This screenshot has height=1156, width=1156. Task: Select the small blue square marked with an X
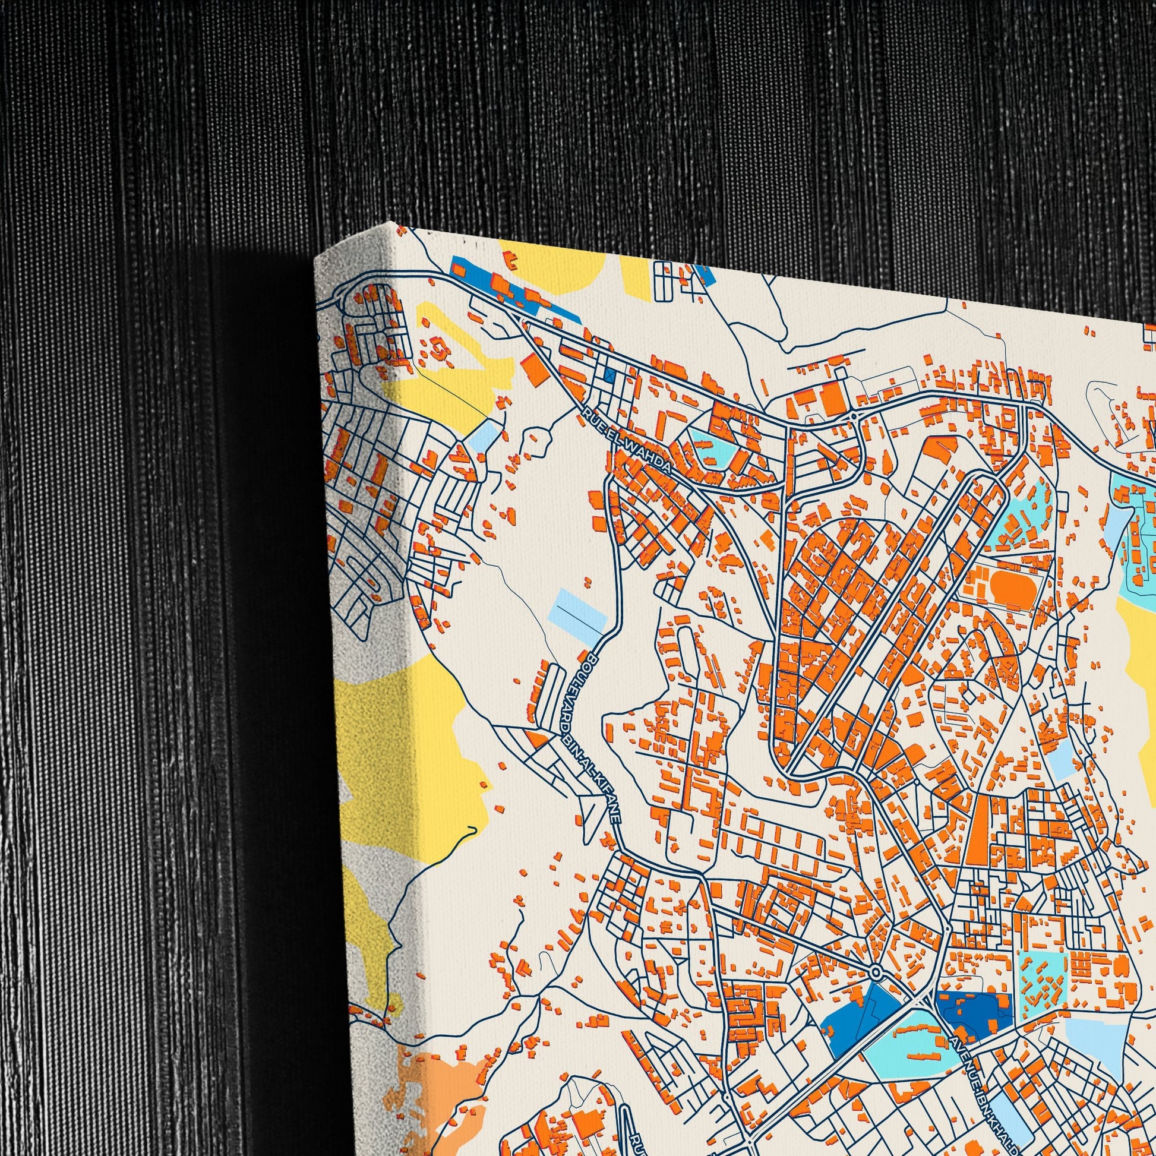pos(609,375)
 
